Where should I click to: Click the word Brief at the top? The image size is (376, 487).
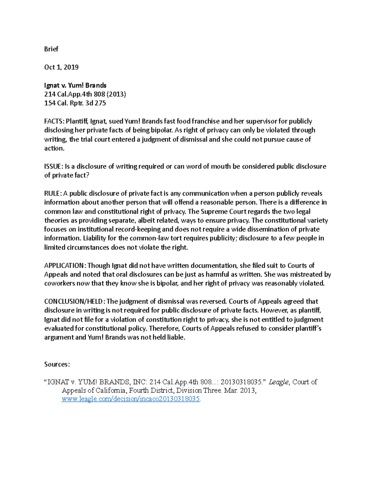coord(51,49)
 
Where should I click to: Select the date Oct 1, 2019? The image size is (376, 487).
coord(61,67)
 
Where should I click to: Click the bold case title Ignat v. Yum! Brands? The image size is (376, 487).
coord(75,85)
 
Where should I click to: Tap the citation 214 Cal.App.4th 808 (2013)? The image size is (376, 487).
coord(85,94)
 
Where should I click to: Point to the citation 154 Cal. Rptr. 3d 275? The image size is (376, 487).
coord(75,103)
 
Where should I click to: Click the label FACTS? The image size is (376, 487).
coord(54,121)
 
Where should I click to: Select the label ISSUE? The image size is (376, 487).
coord(54,167)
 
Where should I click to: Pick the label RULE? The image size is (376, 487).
coord(53,193)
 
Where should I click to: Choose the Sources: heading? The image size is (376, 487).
coord(57,364)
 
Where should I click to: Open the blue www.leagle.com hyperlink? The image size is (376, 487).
coord(131,399)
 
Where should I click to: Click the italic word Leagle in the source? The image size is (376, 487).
coord(279,382)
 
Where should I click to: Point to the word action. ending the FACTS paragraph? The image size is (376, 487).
coord(54,148)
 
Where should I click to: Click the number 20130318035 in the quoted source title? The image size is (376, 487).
coord(241,382)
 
